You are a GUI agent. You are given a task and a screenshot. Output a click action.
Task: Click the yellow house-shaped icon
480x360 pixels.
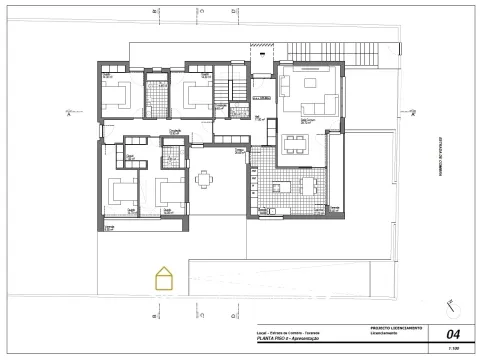(x=162, y=277)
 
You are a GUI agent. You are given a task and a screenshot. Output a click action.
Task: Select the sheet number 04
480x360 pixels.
(x=453, y=334)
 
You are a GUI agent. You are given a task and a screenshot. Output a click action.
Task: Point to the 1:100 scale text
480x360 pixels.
(x=453, y=349)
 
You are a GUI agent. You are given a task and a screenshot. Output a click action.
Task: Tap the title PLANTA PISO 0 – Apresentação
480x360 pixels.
(x=290, y=340)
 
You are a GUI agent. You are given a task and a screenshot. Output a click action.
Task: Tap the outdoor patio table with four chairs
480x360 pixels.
(x=205, y=179)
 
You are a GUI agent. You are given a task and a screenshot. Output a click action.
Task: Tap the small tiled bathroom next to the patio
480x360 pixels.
(x=172, y=157)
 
